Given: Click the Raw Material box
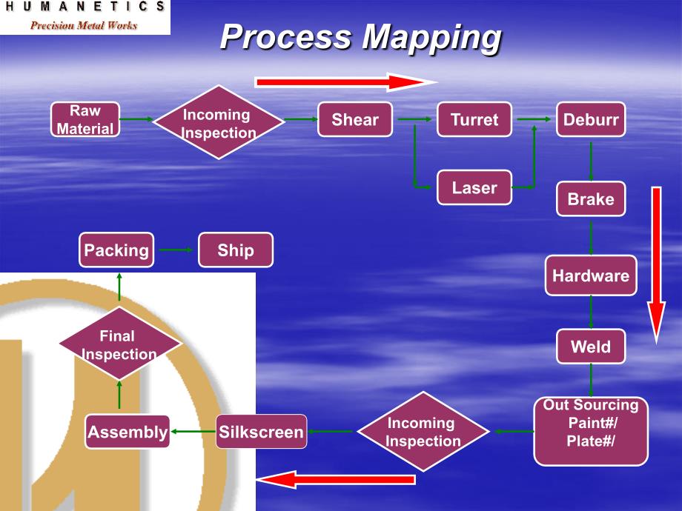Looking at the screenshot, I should pyautogui.click(x=85, y=119).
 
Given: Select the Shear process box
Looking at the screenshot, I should pyautogui.click(x=355, y=119).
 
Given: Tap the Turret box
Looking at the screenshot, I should pyautogui.click(x=474, y=119).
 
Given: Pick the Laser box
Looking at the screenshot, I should pyautogui.click(x=474, y=187).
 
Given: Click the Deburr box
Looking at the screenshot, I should pyautogui.click(x=591, y=119).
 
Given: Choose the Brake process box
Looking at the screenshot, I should pyautogui.click(x=591, y=198).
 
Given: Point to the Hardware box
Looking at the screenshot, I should pyautogui.click(x=591, y=275).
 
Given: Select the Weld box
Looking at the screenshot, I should pyautogui.click(x=591, y=346).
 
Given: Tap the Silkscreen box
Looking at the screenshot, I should pyautogui.click(x=261, y=431).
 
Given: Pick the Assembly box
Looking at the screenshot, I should pyautogui.click(x=128, y=431).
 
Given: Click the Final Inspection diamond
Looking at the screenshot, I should pyautogui.click(x=119, y=344).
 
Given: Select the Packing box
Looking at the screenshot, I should pyautogui.click(x=116, y=250).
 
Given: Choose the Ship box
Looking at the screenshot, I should pyautogui.click(x=236, y=250).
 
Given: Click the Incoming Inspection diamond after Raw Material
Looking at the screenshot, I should pyautogui.click(x=218, y=123).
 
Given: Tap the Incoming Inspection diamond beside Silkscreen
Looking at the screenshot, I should pyautogui.click(x=423, y=431).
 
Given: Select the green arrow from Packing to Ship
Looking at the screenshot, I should pyautogui.click(x=176, y=250).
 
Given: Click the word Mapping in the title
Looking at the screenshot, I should pyautogui.click(x=431, y=37).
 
